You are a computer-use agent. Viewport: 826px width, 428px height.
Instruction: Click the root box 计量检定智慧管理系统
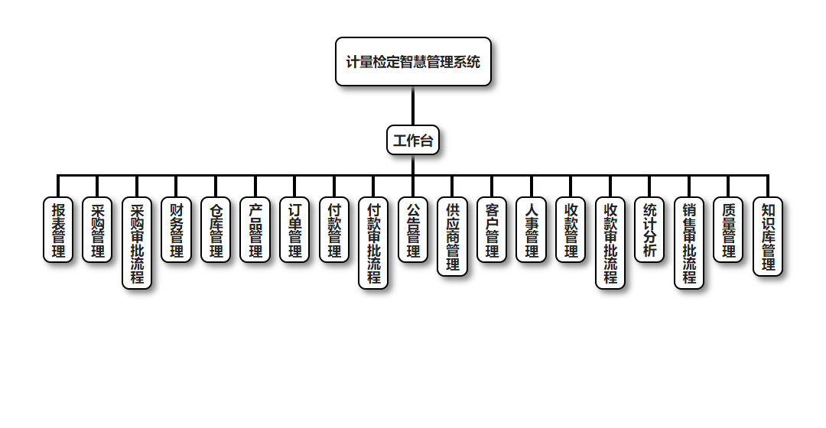click(413, 62)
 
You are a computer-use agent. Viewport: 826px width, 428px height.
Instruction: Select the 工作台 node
click(413, 141)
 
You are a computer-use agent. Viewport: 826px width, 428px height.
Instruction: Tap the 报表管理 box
click(58, 230)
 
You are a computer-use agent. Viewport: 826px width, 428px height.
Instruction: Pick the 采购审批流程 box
click(137, 243)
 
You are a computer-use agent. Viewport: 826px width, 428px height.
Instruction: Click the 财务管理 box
click(177, 230)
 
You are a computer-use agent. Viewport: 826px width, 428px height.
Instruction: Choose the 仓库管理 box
click(216, 230)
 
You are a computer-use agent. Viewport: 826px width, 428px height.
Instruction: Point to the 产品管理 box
click(255, 230)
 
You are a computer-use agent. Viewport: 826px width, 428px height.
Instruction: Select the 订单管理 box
click(294, 230)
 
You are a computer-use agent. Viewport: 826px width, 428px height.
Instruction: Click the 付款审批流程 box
click(373, 243)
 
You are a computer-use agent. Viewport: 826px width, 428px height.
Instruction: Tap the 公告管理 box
click(413, 230)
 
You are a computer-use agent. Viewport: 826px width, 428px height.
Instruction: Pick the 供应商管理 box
click(453, 236)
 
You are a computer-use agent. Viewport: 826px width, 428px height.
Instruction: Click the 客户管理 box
click(492, 230)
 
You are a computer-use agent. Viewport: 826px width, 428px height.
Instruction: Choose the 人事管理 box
click(532, 230)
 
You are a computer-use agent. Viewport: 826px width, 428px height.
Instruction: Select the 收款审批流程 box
click(610, 243)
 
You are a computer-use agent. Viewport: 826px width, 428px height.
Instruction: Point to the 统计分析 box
click(649, 230)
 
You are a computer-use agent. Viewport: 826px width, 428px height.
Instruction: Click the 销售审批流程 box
click(689, 243)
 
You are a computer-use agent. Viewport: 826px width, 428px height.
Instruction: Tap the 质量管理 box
click(728, 230)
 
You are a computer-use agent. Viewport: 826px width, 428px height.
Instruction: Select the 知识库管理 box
click(768, 236)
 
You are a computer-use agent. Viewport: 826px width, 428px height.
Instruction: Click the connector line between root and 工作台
click(413, 105)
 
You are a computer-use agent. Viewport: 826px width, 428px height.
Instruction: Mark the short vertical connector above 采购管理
click(97, 186)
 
